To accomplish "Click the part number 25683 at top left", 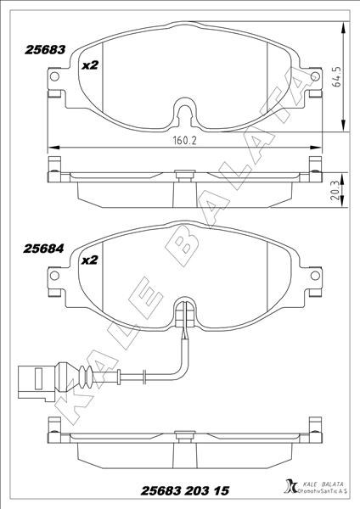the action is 45,50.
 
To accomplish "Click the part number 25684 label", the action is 43,249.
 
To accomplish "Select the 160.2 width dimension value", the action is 185,141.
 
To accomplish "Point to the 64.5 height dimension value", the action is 337,76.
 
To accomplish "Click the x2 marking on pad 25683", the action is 90,65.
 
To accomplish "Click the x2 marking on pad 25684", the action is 89,260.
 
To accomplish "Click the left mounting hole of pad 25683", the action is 54,76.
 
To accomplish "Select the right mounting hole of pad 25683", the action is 315,76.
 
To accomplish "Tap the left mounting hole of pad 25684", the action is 54,276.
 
